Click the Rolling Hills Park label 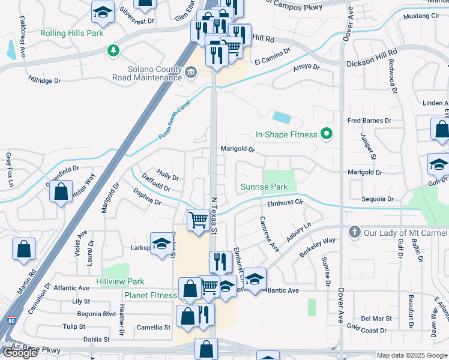71,33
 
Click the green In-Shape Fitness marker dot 327,134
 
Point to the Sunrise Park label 264,187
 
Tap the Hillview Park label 120,281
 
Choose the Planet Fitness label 151,295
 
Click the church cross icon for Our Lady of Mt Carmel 354,232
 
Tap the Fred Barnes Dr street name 369,121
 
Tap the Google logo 20,353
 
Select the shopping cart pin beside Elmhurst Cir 197,219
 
